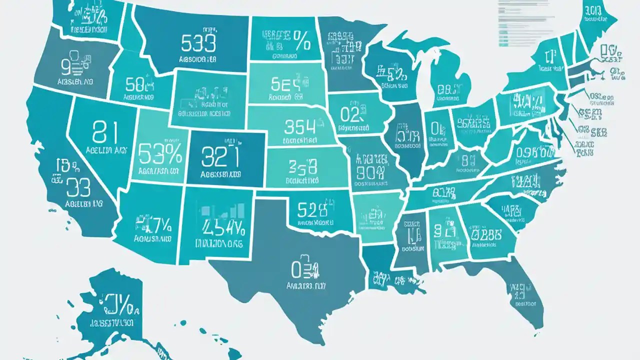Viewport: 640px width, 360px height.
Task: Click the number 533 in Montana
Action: [x=198, y=43]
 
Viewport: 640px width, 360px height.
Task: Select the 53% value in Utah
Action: [x=159, y=153]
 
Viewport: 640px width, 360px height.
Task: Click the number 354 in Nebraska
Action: [x=299, y=127]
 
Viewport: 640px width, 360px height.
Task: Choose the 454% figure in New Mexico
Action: [x=223, y=227]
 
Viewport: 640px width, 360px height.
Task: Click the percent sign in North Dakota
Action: [x=301, y=40]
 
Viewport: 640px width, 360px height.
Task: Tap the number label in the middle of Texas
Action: [x=305, y=271]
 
